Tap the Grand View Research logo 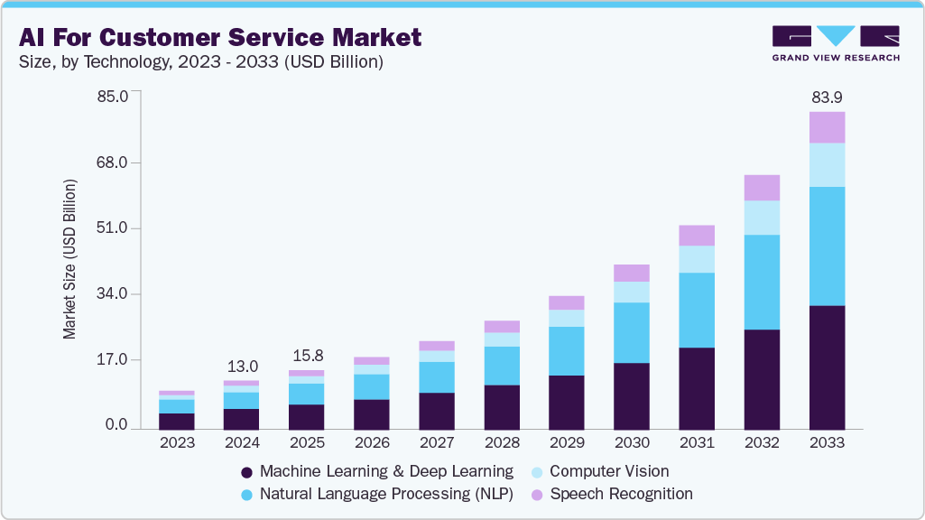click(x=835, y=42)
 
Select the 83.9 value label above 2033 click(x=827, y=97)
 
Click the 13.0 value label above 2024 click(x=242, y=367)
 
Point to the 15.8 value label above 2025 click(x=307, y=356)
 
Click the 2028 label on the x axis click(x=502, y=443)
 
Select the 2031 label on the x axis click(x=697, y=443)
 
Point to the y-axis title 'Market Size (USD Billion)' click(x=70, y=259)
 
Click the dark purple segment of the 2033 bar click(x=827, y=367)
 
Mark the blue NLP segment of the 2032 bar click(x=762, y=282)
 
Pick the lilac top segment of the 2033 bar click(x=827, y=127)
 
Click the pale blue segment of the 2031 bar click(x=697, y=259)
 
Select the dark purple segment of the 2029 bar click(x=567, y=402)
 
